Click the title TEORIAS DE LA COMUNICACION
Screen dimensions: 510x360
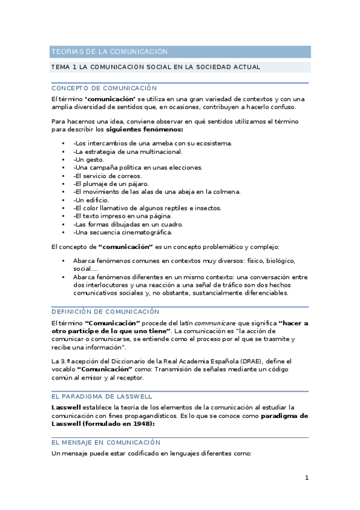[x=109, y=52]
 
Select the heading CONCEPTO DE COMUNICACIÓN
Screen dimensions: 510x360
[x=104, y=88]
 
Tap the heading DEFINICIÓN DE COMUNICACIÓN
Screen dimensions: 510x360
[x=105, y=312]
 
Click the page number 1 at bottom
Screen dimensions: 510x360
[x=307, y=478]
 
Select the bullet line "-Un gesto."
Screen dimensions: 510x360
[x=88, y=159]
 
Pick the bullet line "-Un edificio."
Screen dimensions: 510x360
[x=91, y=200]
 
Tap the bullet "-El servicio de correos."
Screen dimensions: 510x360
[x=107, y=176]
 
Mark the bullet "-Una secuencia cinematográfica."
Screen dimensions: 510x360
[x=123, y=232]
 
